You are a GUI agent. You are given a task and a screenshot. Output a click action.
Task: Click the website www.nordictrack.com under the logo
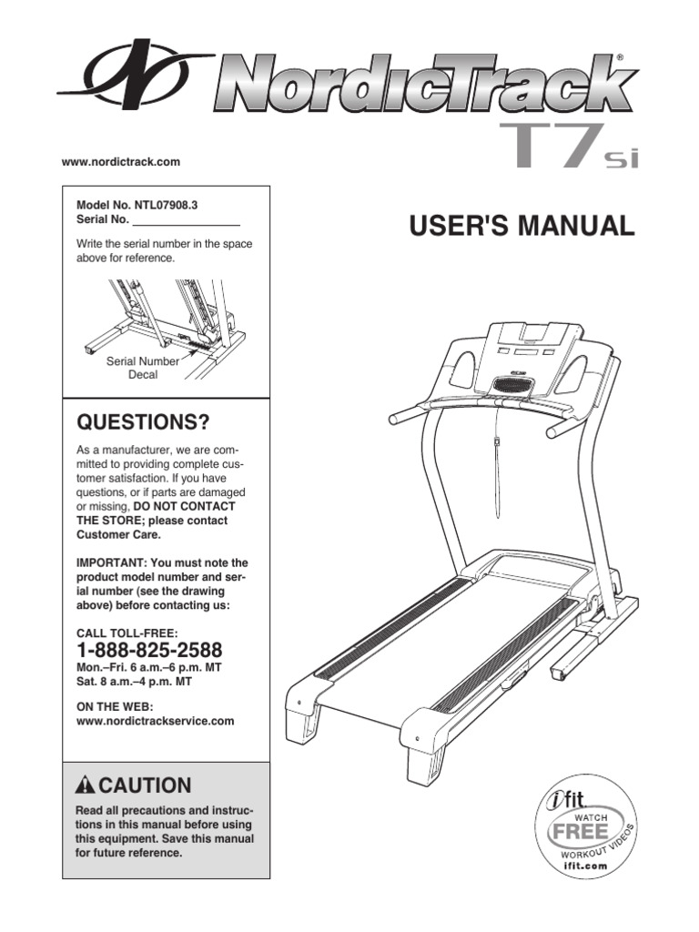tap(121, 162)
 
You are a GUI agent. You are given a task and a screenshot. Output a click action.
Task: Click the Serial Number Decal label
tap(143, 368)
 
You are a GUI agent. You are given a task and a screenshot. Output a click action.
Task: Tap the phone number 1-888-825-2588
tap(149, 651)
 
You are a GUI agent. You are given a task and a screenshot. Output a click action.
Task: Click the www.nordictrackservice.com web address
tap(155, 721)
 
